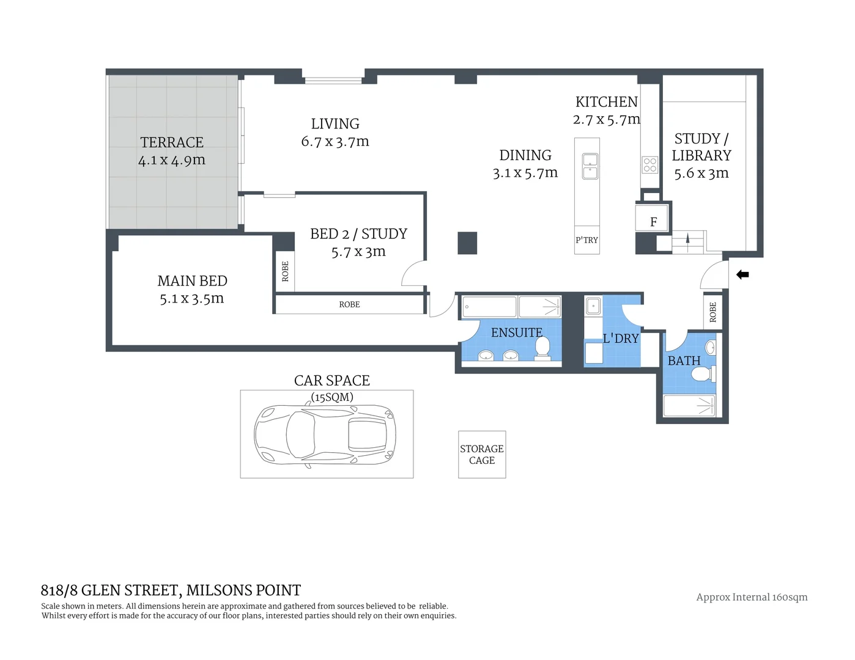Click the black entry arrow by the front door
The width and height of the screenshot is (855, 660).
[x=742, y=275]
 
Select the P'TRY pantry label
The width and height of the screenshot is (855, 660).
[x=587, y=240]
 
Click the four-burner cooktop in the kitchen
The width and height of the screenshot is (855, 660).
[x=650, y=165]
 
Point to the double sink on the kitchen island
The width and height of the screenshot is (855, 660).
[x=590, y=166]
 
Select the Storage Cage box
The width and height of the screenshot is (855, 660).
[x=482, y=455]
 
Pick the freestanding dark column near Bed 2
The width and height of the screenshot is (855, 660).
[x=467, y=243]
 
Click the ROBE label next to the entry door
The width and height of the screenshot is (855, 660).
[x=712, y=312]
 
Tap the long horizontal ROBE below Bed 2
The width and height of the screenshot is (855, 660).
[x=349, y=304]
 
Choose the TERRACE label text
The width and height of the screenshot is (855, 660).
[x=172, y=142]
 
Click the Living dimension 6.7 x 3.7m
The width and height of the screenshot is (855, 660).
[x=335, y=142]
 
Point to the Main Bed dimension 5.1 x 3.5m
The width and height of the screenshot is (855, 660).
[x=191, y=299]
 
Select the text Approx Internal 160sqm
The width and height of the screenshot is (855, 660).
[x=752, y=597]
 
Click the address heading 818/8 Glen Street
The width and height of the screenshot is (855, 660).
[x=171, y=590]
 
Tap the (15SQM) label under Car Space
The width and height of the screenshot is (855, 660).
[x=332, y=397]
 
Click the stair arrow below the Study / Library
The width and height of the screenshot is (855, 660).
[x=688, y=239]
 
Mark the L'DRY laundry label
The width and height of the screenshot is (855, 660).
[x=621, y=339]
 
